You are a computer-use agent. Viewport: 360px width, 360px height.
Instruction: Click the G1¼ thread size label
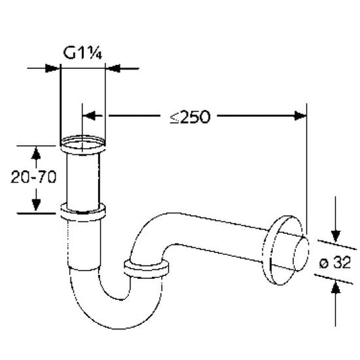click(82, 53)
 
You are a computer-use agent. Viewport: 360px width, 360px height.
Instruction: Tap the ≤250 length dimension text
click(190, 117)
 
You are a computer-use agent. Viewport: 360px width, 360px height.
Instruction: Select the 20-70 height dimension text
click(34, 177)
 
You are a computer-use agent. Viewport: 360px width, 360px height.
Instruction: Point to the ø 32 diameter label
click(335, 262)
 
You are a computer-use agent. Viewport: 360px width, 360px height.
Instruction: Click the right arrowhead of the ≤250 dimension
click(301, 115)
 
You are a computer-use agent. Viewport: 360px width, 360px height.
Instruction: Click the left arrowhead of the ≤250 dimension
click(89, 115)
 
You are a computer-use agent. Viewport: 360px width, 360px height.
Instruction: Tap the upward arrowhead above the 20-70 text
click(36, 153)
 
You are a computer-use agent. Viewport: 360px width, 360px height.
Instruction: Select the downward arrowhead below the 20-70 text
click(36, 205)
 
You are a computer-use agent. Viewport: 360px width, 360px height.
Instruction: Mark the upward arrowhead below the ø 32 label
click(336, 287)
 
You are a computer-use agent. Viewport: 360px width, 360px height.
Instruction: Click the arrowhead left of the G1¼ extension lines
click(52, 68)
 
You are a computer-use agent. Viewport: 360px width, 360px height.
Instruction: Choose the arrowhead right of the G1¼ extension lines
click(113, 68)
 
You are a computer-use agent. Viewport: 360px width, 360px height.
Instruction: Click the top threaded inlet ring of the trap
click(82, 145)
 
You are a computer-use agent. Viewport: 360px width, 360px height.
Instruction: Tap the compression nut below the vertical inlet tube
click(83, 212)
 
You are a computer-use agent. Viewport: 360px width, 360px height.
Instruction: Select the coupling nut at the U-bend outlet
click(147, 268)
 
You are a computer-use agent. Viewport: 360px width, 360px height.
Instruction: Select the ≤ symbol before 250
click(174, 118)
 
